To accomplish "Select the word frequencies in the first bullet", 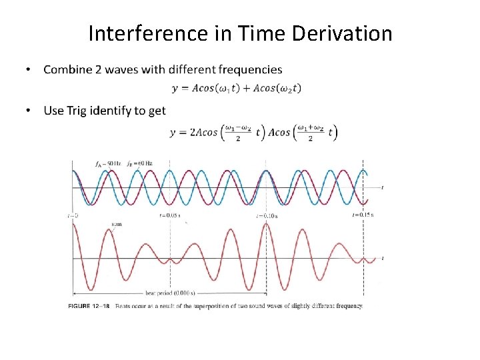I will (x=247, y=69).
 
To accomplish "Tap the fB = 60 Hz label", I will (x=139, y=163).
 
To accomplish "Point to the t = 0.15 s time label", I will (x=363, y=215).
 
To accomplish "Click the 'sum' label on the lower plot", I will (x=116, y=225).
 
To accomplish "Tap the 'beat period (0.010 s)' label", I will (x=170, y=293).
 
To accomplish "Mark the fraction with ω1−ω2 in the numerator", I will (x=238, y=132).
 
